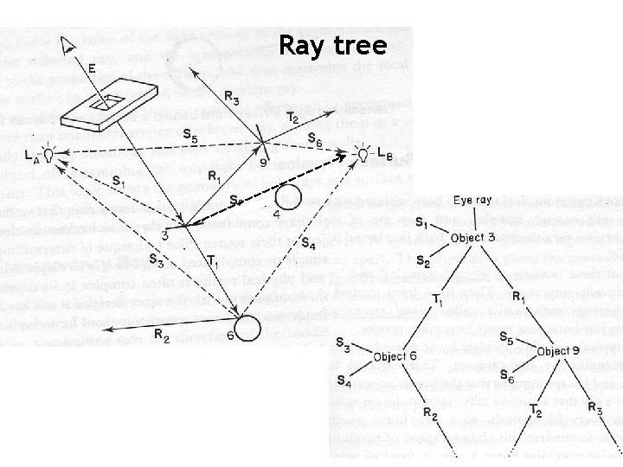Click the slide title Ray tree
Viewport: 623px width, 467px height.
click(332, 46)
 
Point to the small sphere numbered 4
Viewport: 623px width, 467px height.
click(288, 197)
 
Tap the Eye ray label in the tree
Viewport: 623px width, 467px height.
click(474, 200)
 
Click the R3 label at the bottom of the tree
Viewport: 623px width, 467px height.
click(594, 406)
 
